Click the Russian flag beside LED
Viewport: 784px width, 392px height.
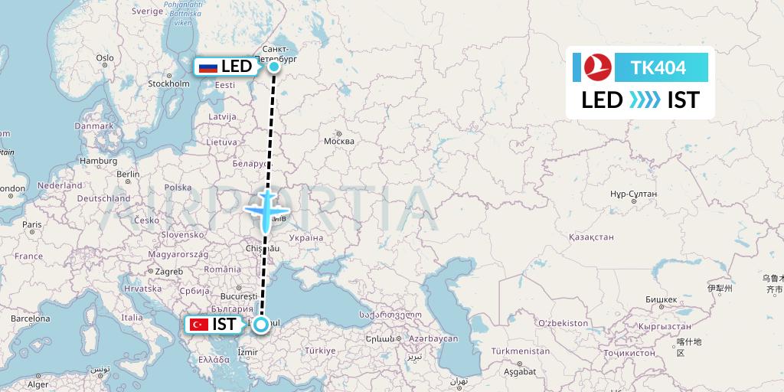207,67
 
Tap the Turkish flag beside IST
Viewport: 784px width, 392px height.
199,325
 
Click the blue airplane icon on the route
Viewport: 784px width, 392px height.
266,210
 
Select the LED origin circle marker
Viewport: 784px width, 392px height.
273,67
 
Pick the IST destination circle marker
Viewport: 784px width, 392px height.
261,325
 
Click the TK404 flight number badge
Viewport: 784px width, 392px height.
658,67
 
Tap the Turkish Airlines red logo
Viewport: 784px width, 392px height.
594,67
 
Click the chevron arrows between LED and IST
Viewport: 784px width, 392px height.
645,100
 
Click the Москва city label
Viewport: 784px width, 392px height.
339,141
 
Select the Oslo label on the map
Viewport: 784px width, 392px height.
104,58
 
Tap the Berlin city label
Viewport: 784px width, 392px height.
129,174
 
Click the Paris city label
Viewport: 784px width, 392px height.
31,225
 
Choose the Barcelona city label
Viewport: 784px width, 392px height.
30,318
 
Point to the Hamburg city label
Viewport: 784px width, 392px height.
98,161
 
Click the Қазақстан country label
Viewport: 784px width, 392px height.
591,237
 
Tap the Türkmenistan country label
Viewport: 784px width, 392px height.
521,351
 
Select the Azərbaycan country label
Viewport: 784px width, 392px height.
433,338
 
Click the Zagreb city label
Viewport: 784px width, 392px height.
169,271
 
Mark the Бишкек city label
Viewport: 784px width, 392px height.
660,299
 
